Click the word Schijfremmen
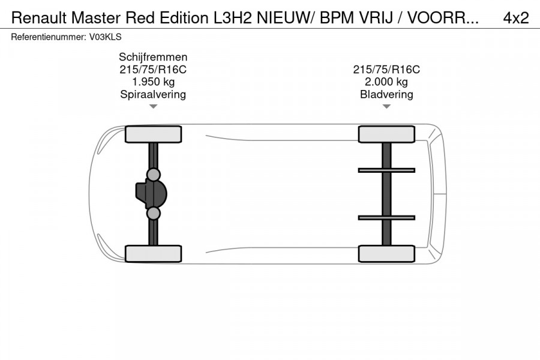[x=153, y=57]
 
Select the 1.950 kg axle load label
[x=153, y=82]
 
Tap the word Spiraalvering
[x=153, y=95]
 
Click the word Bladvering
[x=386, y=95]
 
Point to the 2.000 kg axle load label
[x=386, y=82]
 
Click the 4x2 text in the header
[x=515, y=18]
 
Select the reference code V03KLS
[x=106, y=37]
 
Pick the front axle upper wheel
[x=153, y=134]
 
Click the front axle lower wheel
[x=153, y=253]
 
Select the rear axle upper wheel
[x=386, y=134]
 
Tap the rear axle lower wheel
[x=386, y=253]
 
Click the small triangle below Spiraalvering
[x=153, y=107]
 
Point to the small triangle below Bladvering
[x=386, y=107]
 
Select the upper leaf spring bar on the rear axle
[x=386, y=170]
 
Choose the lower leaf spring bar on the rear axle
[x=386, y=217]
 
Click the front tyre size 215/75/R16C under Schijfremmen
[x=153, y=70]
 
